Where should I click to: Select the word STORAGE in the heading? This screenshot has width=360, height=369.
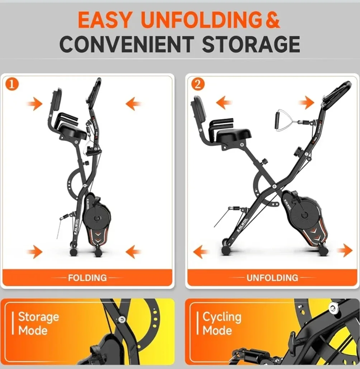(251, 44)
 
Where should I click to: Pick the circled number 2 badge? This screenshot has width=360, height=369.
(198, 85)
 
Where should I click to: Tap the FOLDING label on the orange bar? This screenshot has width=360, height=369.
(87, 277)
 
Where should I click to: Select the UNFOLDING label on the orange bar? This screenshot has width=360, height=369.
(272, 277)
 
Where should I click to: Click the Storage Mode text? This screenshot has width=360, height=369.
(38, 323)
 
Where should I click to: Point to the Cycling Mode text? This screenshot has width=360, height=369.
(222, 323)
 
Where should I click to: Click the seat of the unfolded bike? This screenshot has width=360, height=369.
(234, 135)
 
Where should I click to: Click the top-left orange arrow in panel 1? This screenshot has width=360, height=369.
(35, 104)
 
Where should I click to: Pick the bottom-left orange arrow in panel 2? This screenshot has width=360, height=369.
(201, 252)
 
